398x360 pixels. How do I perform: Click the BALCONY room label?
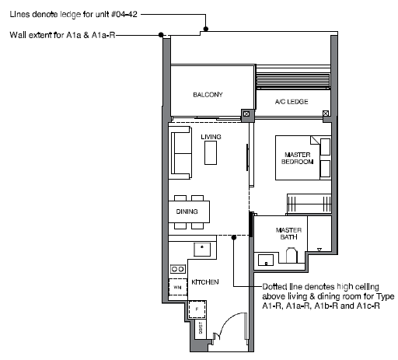click(208, 95)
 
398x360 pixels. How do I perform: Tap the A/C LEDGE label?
click(292, 102)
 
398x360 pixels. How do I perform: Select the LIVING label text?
click(211, 137)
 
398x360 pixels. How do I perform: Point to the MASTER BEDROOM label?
click(298, 158)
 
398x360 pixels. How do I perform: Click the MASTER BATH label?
click(288, 233)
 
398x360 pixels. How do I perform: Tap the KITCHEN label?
click(205, 282)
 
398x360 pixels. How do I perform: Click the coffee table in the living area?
click(211, 153)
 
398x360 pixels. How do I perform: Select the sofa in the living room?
click(181, 153)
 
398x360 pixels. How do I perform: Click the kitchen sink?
click(202, 250)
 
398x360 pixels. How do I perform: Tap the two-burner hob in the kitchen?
click(178, 269)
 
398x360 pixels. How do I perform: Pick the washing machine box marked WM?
click(178, 287)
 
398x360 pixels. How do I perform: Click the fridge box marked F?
click(197, 309)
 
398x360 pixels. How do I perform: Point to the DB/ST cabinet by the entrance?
click(201, 329)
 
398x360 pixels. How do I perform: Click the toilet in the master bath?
click(292, 255)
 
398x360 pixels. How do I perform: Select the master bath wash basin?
click(266, 260)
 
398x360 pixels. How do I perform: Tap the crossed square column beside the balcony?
click(246, 114)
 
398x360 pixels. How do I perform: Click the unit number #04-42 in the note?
click(124, 14)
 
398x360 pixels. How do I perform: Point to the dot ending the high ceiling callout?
click(234, 237)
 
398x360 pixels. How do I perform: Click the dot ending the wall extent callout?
click(161, 34)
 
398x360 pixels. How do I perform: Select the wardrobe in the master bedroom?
click(309, 204)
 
